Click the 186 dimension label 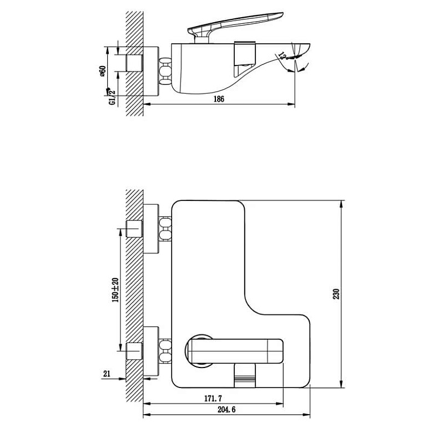click(x=218, y=99)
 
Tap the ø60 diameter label click(x=103, y=72)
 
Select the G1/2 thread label click(x=112, y=97)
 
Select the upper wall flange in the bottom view click(x=152, y=229)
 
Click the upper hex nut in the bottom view click(x=165, y=229)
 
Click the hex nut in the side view click(x=165, y=72)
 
